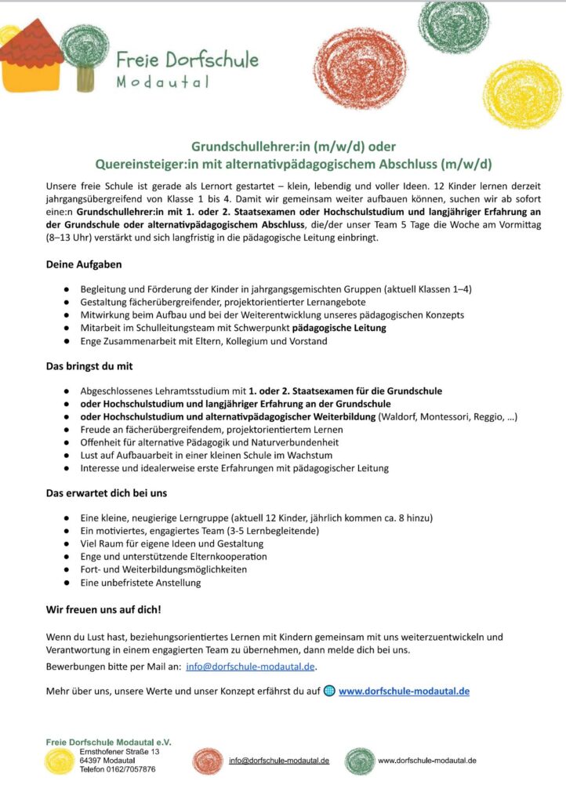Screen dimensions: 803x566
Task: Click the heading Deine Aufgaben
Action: (x=84, y=265)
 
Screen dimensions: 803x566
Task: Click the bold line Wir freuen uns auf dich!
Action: (x=103, y=609)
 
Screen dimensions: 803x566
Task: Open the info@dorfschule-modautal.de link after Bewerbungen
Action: (x=251, y=667)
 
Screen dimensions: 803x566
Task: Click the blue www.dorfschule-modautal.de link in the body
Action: (x=404, y=691)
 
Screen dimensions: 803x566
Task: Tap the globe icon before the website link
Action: (x=329, y=691)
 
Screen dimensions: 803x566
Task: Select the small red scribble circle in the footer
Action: (x=208, y=761)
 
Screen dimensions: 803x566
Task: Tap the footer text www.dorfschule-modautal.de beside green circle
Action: (x=427, y=761)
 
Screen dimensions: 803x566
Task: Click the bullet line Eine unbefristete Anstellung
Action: (x=140, y=583)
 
